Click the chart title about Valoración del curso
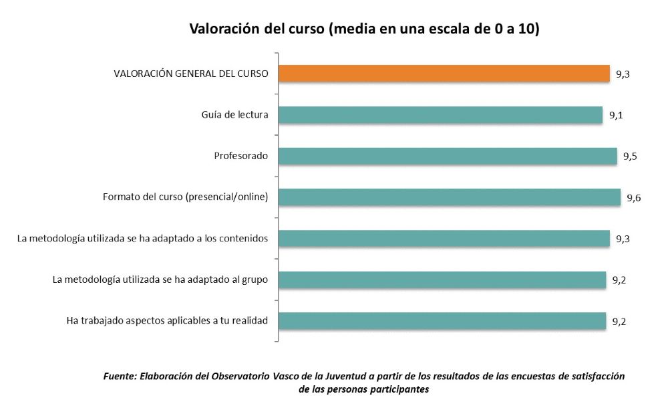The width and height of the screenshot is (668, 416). [x=364, y=29]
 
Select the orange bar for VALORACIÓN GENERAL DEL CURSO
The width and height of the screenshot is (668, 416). [x=444, y=74]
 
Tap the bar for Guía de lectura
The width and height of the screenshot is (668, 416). [x=440, y=115]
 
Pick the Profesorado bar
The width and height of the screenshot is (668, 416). [x=448, y=156]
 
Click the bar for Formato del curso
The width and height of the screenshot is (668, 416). [x=450, y=197]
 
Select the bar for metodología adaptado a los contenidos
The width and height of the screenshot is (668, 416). [x=444, y=239]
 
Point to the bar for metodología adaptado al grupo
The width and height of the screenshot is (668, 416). [x=442, y=280]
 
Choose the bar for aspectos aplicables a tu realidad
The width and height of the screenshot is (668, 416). [x=442, y=321]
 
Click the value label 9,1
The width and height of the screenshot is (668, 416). [x=616, y=116]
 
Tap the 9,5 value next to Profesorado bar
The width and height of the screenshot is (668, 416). [x=630, y=157]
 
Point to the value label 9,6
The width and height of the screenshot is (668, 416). [x=634, y=198]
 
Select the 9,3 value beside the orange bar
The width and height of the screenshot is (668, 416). [x=623, y=74]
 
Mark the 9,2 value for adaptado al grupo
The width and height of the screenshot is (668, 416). [x=619, y=280]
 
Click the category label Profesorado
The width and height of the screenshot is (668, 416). [x=241, y=156]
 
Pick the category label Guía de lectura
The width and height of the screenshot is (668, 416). [x=235, y=115]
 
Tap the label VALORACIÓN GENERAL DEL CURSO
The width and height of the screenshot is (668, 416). [x=191, y=74]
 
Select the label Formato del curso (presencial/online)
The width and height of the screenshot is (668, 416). [x=186, y=197]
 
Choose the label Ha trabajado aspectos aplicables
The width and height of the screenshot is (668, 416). [x=168, y=321]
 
